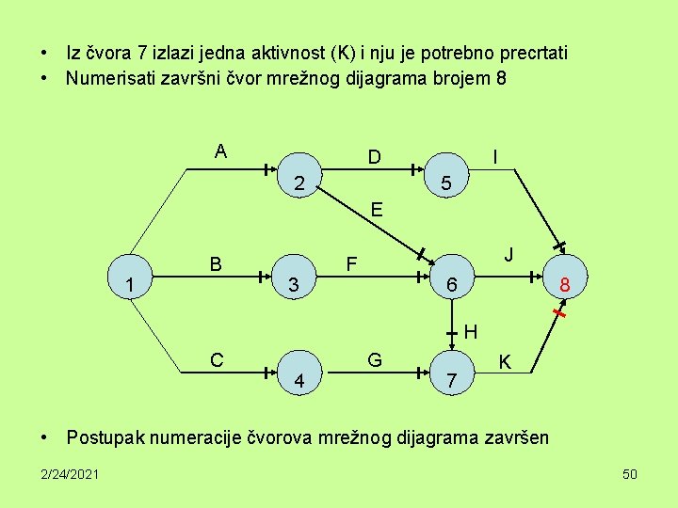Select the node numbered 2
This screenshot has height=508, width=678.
click(299, 182)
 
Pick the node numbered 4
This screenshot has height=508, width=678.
click(299, 380)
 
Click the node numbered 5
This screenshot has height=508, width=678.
click(448, 183)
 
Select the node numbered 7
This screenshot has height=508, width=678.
click(452, 380)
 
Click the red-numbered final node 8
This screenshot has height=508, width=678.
click(564, 285)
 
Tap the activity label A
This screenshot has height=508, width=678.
click(219, 151)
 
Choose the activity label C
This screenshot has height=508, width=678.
click(217, 358)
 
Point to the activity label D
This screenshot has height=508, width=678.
click(374, 156)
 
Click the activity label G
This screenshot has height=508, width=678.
click(374, 358)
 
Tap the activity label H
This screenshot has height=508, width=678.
click(471, 331)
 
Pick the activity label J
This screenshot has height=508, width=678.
click(508, 255)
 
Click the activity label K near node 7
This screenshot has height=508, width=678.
click(505, 360)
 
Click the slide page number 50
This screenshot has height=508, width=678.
click(630, 473)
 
